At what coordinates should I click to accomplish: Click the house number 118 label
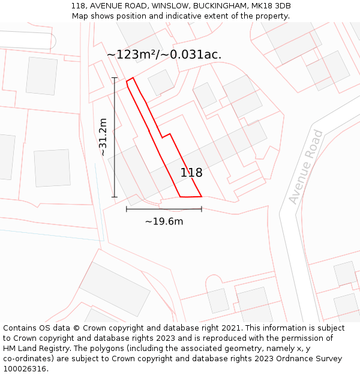coord(191,173)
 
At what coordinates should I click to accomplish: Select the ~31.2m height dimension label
coord(103,137)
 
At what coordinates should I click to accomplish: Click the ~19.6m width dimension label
coord(164,221)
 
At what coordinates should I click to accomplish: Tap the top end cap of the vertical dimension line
coord(114,77)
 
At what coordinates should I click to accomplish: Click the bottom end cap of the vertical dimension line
coord(114,197)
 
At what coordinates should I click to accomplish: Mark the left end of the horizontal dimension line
coord(127,209)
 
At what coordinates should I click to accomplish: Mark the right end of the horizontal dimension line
coord(202,209)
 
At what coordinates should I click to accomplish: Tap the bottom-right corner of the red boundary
coord(202,196)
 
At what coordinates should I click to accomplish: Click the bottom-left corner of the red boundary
coord(181,196)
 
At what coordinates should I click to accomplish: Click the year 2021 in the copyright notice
coord(230,328)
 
